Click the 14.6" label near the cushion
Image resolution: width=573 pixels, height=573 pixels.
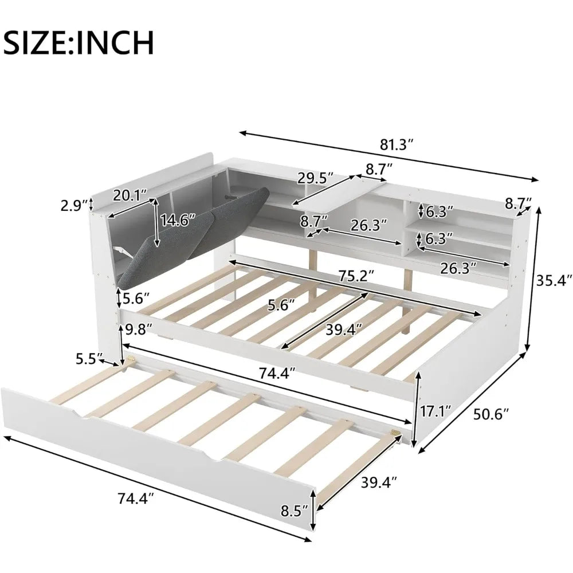(x=178, y=219)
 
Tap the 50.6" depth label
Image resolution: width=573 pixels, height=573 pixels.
(x=489, y=414)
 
